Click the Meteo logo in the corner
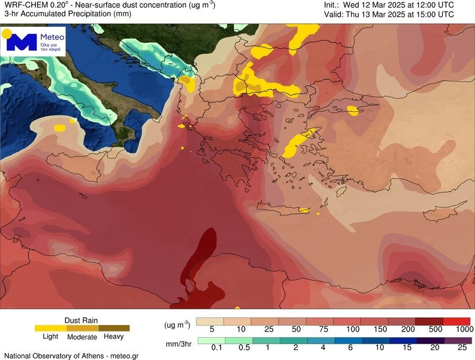[x=35, y=41]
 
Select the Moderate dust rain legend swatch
[x=82, y=328]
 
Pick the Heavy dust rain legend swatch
[x=113, y=328]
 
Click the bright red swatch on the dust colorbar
[x=456, y=321]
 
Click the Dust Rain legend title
[x=81, y=320]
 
